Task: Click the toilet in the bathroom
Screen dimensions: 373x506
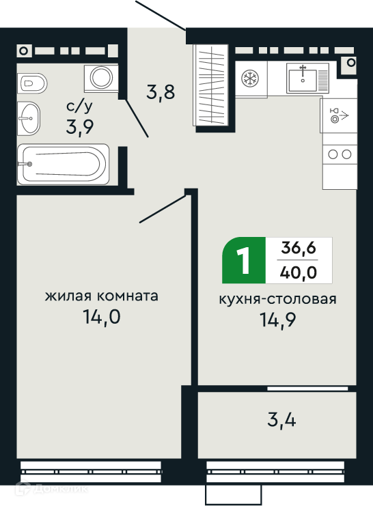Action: (x=32, y=83)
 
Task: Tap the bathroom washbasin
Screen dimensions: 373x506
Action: (x=29, y=118)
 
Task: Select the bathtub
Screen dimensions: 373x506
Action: (x=63, y=165)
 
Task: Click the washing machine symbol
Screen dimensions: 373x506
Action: (x=101, y=78)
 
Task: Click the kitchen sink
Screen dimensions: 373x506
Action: (x=307, y=79)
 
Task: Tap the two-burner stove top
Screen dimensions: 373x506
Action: (x=340, y=154)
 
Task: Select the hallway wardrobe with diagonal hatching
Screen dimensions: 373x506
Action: (x=210, y=85)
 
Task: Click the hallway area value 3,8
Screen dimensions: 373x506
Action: (x=161, y=92)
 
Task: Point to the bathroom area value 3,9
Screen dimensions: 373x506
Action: (x=80, y=126)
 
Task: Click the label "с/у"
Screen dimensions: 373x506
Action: (x=79, y=107)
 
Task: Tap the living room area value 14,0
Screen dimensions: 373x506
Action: (x=102, y=317)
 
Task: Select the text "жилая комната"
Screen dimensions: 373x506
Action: (x=101, y=296)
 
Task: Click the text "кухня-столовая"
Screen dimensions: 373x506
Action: (x=278, y=299)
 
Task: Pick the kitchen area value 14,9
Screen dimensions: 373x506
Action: (x=278, y=320)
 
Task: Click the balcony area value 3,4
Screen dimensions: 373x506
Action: (x=281, y=420)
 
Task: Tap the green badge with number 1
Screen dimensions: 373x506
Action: (x=244, y=260)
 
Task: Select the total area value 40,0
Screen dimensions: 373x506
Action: (x=299, y=272)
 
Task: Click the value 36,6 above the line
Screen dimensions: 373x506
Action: (x=299, y=248)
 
